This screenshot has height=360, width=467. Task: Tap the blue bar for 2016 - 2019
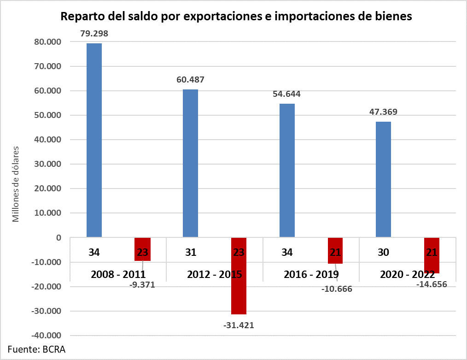[x=287, y=171]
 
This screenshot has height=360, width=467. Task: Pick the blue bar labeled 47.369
[x=383, y=179]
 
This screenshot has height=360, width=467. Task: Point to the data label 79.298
[x=94, y=34]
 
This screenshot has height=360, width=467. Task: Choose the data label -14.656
[x=432, y=284]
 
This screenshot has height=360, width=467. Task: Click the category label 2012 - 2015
[x=215, y=275]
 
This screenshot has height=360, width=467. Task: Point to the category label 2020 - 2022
[x=408, y=275]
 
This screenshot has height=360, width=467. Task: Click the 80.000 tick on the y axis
[x=47, y=42]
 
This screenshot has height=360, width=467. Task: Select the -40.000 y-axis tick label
[x=46, y=336]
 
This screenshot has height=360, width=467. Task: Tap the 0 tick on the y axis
[x=58, y=238]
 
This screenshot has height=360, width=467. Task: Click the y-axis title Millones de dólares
[x=17, y=184]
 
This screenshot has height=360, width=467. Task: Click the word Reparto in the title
[x=82, y=17]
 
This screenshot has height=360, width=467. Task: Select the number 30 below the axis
[x=383, y=253]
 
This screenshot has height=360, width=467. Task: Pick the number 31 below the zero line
[x=191, y=253]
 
